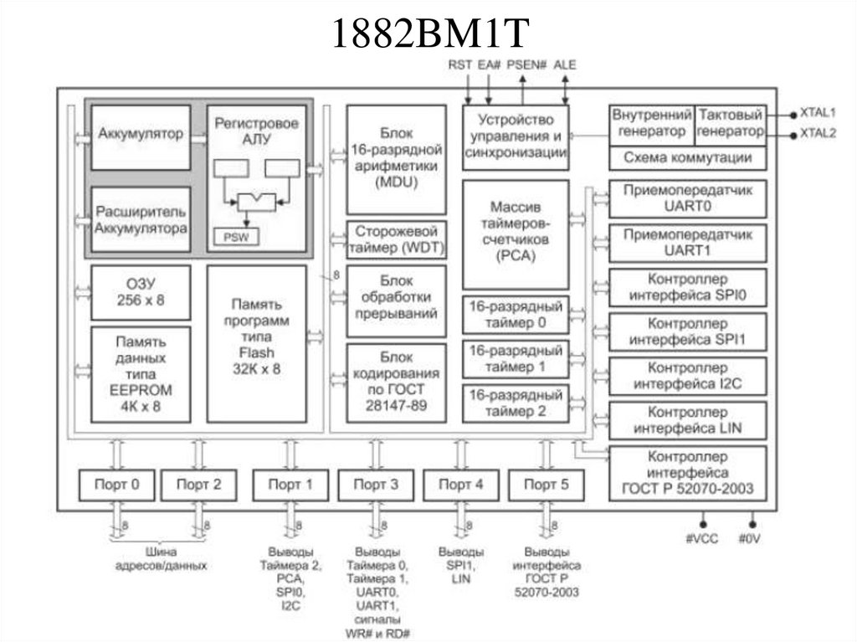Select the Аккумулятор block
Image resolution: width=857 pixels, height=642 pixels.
point(140,135)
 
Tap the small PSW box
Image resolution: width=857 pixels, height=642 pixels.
point(236,237)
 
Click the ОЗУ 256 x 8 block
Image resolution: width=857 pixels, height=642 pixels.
point(140,292)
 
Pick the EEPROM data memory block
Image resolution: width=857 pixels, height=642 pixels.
point(140,374)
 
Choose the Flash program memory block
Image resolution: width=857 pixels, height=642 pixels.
point(256,343)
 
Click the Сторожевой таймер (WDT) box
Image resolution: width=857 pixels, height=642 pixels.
point(396,239)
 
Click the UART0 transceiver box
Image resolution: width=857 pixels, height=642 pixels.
point(687,198)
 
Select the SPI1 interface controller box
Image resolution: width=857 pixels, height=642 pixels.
point(687,331)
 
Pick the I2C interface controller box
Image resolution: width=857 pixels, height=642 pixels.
point(687,376)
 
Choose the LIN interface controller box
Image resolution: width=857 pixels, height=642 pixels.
point(687,420)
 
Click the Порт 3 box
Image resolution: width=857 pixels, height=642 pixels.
point(375,484)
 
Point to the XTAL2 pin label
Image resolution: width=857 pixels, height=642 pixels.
point(818,133)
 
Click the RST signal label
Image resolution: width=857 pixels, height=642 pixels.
point(459,64)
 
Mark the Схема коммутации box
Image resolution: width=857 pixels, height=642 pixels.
point(687,157)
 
